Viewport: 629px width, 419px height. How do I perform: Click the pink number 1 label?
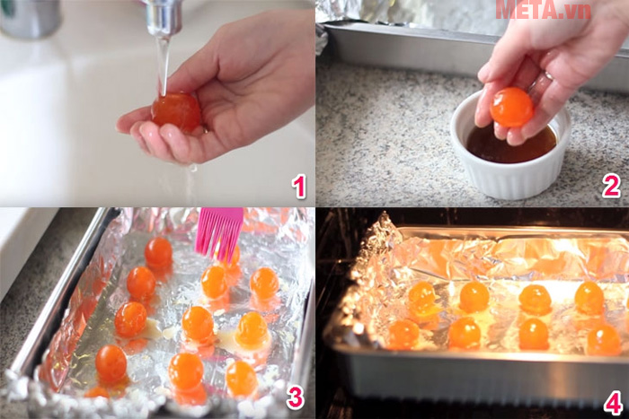(x=299, y=187)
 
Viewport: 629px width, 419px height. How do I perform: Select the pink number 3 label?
(x=295, y=397)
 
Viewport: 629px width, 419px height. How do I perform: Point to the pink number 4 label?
(x=611, y=397)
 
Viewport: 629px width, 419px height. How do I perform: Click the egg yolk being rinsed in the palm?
(x=176, y=111)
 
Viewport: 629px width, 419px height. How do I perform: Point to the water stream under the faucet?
(x=163, y=63)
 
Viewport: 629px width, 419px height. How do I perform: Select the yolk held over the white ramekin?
(x=511, y=107)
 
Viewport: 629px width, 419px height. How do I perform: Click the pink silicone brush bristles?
(x=218, y=231)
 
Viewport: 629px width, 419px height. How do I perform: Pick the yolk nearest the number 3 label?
(x=240, y=377)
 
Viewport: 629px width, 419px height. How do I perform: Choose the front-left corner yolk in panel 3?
(x=111, y=363)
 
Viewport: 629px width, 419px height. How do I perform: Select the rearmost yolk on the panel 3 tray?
(x=158, y=252)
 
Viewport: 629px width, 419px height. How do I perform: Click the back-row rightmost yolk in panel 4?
(x=589, y=298)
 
